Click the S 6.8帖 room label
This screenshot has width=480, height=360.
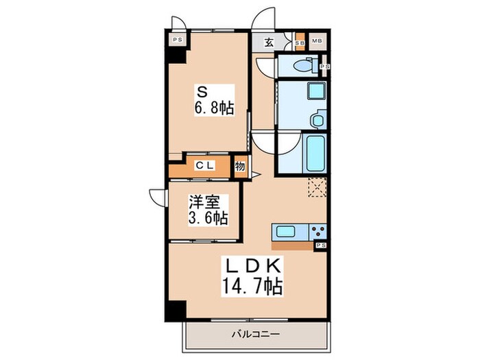pos(214,100)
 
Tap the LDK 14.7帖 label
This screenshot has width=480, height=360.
pos(252,276)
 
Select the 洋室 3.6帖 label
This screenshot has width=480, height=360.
pos(208,210)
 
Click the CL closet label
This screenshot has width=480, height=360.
pos(205,166)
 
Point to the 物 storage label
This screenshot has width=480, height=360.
pos(240,167)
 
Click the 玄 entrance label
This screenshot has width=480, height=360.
pos(269,43)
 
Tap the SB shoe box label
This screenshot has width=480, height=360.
pos(300,43)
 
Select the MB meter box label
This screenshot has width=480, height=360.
pos(317,40)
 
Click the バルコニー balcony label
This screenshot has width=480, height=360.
pos(255,333)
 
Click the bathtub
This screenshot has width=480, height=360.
pos(315,154)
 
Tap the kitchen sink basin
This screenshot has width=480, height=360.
pos(286,232)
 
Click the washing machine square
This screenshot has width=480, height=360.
pos(315,91)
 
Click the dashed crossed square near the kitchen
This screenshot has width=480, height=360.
pos(317,187)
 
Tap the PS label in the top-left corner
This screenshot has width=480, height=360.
pos(177,40)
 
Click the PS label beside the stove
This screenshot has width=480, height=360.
pos(321,245)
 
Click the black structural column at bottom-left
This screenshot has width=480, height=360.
pos(176,310)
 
